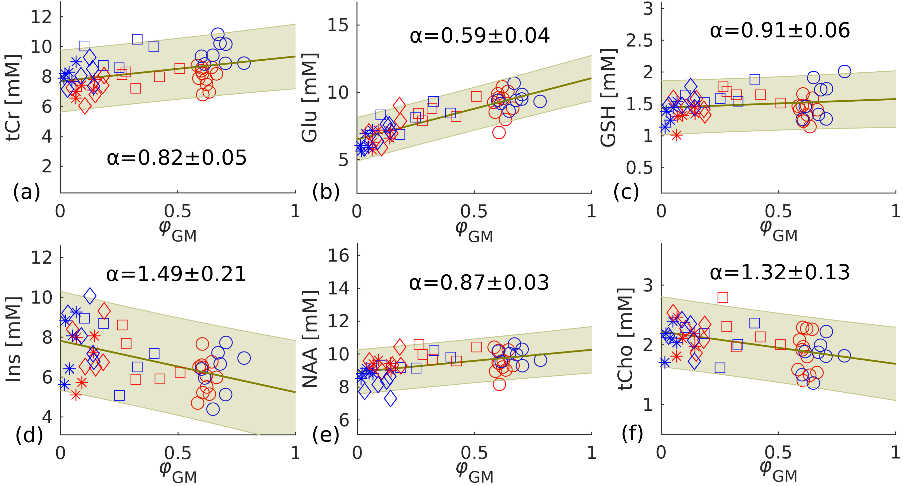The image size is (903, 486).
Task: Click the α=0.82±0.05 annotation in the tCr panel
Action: [177, 158]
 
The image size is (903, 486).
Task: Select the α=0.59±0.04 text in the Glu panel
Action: [480, 36]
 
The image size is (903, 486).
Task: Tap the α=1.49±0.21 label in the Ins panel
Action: [176, 274]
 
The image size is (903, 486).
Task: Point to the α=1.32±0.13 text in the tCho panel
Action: [780, 272]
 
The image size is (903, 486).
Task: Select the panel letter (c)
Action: [626, 192]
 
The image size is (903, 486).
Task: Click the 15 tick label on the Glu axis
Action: [338, 25]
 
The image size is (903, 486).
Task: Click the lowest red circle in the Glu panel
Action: [499, 133]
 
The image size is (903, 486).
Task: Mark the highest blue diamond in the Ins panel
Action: [90, 296]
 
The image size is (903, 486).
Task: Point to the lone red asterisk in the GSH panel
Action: [677, 135]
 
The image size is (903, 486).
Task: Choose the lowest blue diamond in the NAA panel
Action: [390, 398]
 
